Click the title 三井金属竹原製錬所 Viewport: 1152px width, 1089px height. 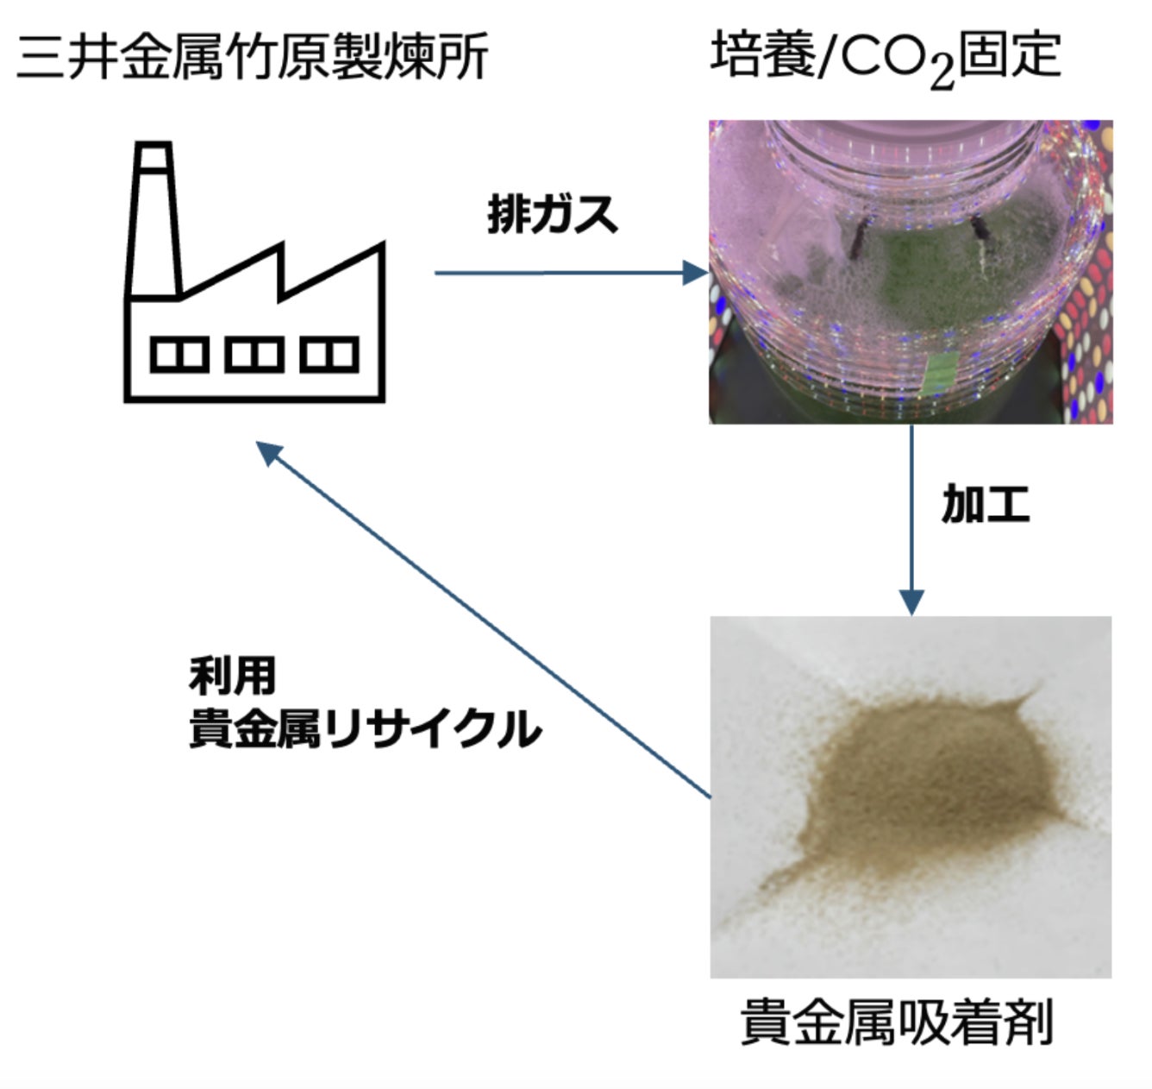pyautogui.click(x=252, y=57)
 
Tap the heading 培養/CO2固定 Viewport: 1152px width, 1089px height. pyautogui.click(x=885, y=57)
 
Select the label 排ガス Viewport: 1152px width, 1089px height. pyautogui.click(x=553, y=214)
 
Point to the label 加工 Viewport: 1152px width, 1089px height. pyautogui.click(x=986, y=504)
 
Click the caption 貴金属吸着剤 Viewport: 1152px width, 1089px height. pyautogui.click(x=897, y=1023)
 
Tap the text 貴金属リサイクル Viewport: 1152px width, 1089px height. pyautogui.click(x=365, y=728)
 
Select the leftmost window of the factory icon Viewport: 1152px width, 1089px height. pyautogui.click(x=179, y=355)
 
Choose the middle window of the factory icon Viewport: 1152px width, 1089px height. pyautogui.click(x=254, y=355)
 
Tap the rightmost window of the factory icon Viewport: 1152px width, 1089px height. pyautogui.click(x=329, y=355)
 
